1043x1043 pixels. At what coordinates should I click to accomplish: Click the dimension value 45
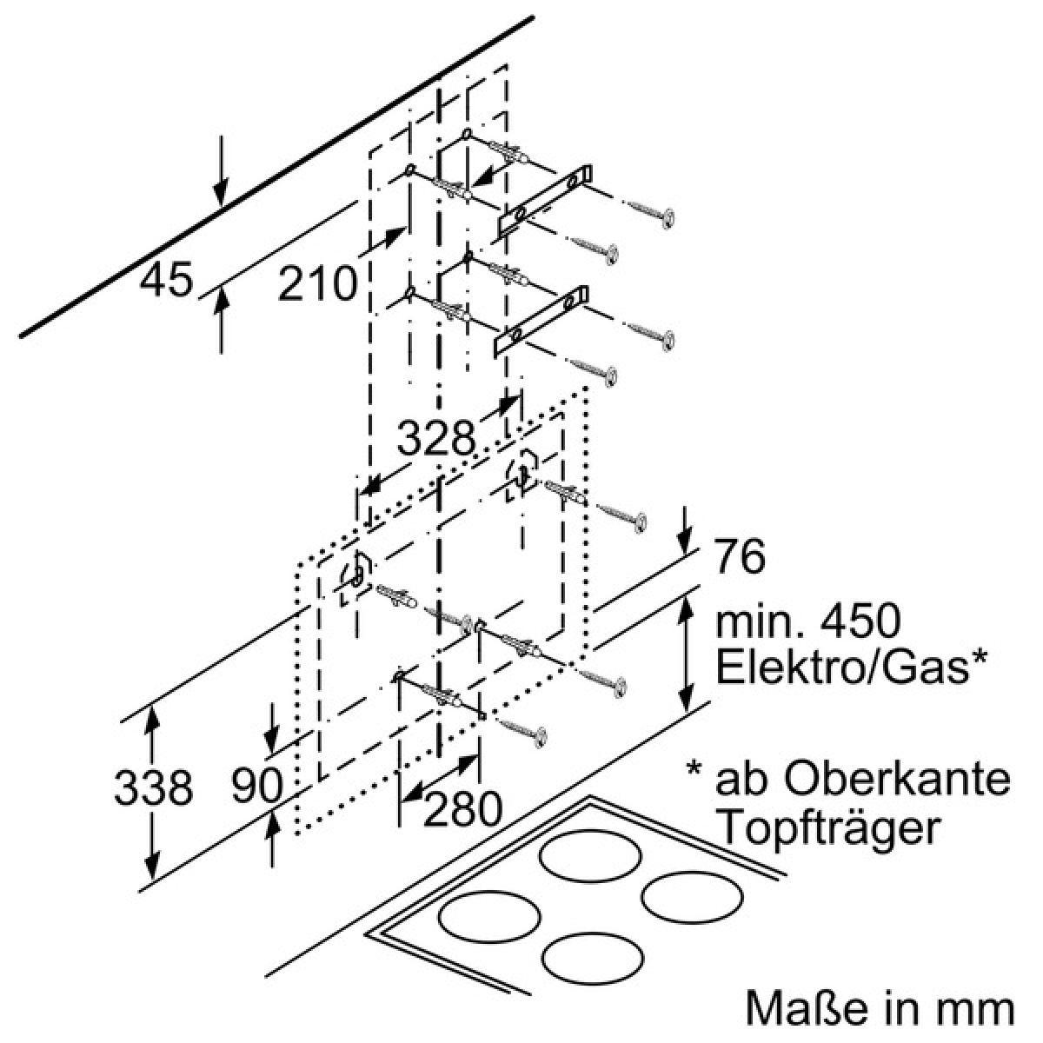pos(166,279)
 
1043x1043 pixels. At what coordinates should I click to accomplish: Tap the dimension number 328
pos(436,437)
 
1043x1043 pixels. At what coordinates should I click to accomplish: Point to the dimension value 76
pos(740,556)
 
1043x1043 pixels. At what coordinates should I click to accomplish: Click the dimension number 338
pos(153,787)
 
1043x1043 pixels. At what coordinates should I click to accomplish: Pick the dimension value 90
pos(257,785)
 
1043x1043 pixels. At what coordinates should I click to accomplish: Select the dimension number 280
pos(462,809)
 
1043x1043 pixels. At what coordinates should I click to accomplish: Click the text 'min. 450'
pos(808,622)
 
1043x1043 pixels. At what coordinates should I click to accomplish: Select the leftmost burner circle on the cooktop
pos(489,917)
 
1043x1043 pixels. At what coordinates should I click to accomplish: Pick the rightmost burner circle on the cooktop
pos(692,897)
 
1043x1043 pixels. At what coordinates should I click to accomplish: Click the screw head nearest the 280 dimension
pos(539,738)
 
